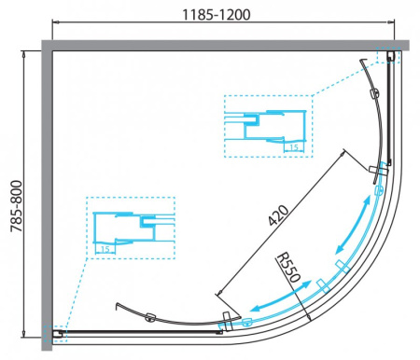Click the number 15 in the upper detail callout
click(x=293, y=146)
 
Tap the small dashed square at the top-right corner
click(x=387, y=57)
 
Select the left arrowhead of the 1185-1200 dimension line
click(x=55, y=29)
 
